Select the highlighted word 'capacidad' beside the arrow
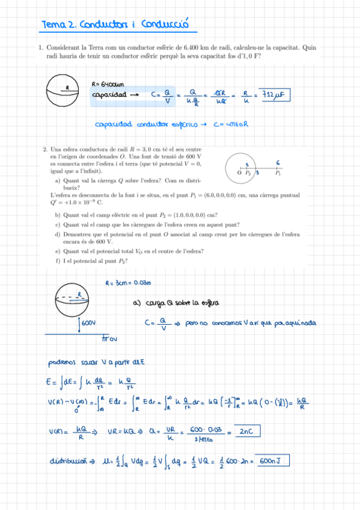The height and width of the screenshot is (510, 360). tap(109, 95)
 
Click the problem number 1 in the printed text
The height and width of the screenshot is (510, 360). tap(40, 48)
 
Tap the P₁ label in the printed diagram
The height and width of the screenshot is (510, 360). tap(278, 173)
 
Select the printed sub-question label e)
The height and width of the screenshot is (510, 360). tap(57, 251)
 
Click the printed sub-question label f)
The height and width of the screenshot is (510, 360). tap(57, 261)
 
